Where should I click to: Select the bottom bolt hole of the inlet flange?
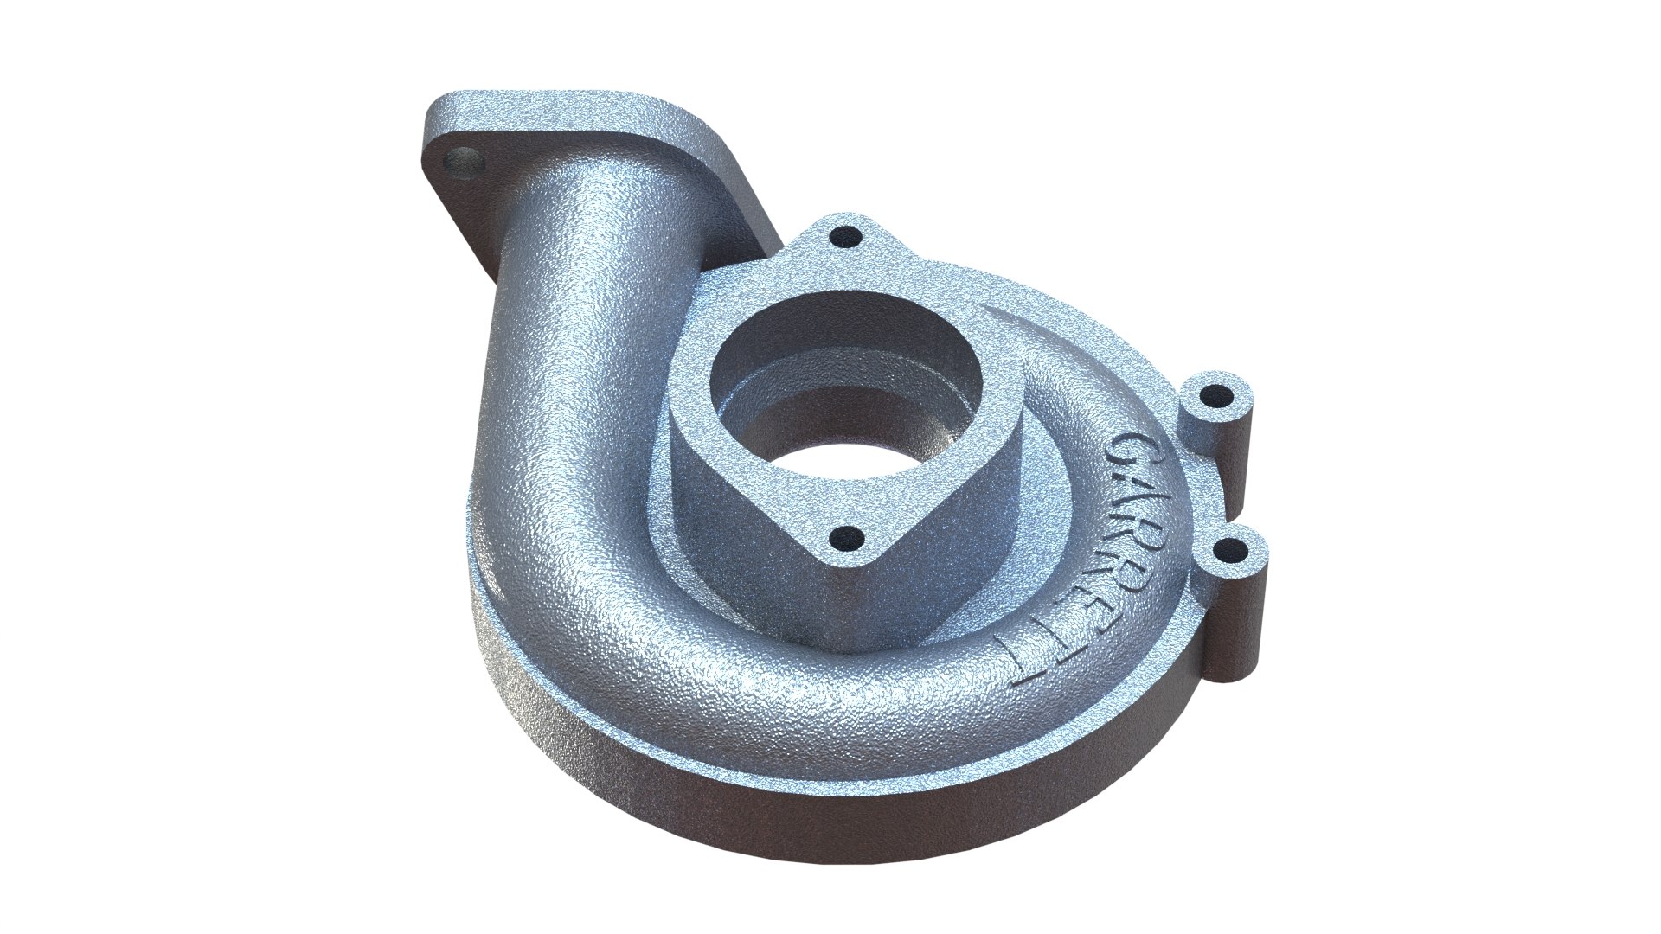point(845,542)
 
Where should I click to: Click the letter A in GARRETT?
point(1140,491)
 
